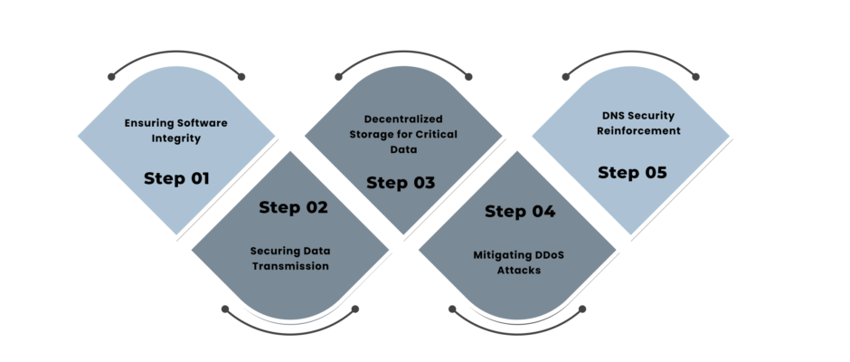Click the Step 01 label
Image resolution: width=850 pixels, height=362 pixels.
(x=176, y=178)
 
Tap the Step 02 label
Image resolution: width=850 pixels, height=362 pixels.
(x=293, y=207)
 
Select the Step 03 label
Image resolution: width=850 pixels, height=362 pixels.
(x=401, y=183)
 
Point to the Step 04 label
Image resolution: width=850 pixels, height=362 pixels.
(x=520, y=211)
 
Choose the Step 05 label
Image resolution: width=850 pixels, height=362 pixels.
(x=632, y=173)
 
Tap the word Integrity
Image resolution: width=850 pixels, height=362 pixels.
(x=176, y=138)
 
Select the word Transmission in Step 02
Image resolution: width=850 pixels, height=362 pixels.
(x=290, y=266)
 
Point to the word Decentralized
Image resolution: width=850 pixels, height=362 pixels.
(x=403, y=119)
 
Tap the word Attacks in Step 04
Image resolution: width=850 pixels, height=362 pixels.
(x=519, y=270)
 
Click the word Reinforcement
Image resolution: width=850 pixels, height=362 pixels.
(x=638, y=131)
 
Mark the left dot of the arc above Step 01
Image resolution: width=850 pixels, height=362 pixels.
(x=111, y=77)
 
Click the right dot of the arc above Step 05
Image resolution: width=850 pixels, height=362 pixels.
(x=695, y=77)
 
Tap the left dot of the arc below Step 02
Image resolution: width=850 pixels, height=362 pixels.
(x=225, y=309)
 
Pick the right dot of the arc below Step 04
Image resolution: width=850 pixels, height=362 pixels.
(x=582, y=309)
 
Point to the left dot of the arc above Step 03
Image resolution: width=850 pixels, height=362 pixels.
(x=339, y=77)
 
